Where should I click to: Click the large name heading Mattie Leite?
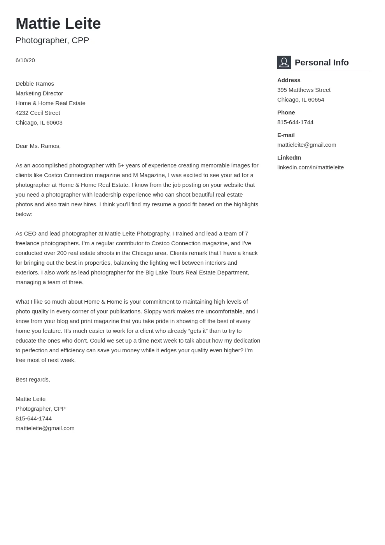(x=58, y=24)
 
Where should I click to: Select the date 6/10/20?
(x=25, y=60)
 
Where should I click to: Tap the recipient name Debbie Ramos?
(x=35, y=84)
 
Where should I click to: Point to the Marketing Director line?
(x=39, y=93)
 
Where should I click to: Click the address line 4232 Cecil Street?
(x=38, y=113)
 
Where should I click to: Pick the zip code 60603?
(x=54, y=123)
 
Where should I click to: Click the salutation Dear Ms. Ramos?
(x=38, y=146)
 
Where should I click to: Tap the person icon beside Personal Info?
(x=284, y=62)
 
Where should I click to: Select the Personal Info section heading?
(x=322, y=63)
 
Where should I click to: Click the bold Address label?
(x=289, y=80)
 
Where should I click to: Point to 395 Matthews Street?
(x=304, y=90)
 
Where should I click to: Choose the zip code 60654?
(x=316, y=100)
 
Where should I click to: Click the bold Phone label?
(x=286, y=113)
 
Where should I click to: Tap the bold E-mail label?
(x=286, y=135)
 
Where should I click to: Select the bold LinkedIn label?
(x=289, y=158)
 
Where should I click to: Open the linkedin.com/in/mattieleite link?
(x=310, y=167)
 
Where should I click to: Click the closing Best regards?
(x=33, y=380)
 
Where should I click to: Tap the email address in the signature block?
(x=45, y=428)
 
